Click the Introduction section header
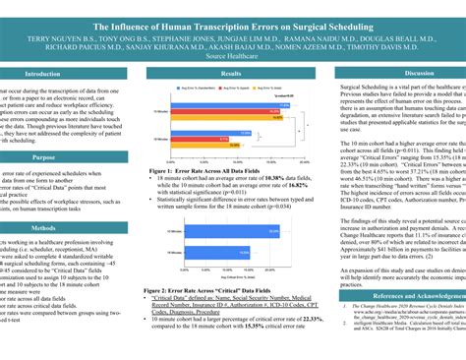(42, 74)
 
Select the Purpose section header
(42, 155)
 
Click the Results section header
(232, 74)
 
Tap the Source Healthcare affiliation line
(232, 57)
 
